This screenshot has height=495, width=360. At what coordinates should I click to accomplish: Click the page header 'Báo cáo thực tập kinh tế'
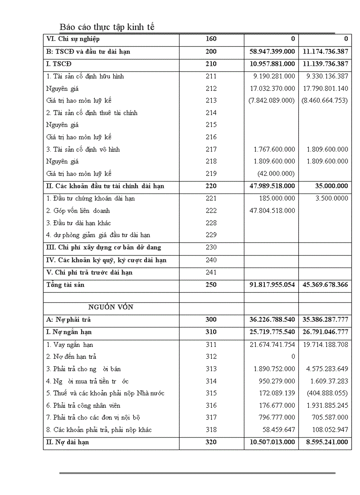(x=107, y=27)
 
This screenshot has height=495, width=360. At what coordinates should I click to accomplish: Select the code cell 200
(x=211, y=52)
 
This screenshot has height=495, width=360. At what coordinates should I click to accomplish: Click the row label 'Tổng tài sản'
(x=65, y=285)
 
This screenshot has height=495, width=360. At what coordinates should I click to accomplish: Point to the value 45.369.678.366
(x=325, y=285)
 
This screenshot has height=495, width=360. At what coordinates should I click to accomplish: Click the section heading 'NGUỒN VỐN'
(x=111, y=307)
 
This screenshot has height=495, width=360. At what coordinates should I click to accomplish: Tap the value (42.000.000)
(x=276, y=174)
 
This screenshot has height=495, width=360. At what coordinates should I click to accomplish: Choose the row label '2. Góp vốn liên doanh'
(x=78, y=211)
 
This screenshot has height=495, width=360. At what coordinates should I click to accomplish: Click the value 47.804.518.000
(x=272, y=211)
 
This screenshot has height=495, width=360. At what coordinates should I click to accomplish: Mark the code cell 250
(x=211, y=285)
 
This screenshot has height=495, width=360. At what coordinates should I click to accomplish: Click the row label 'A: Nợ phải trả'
(x=68, y=320)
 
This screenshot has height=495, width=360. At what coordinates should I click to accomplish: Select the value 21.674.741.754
(x=272, y=345)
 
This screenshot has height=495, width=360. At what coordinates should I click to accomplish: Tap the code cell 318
(x=211, y=430)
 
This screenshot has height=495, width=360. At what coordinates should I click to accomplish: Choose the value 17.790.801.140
(x=325, y=89)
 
